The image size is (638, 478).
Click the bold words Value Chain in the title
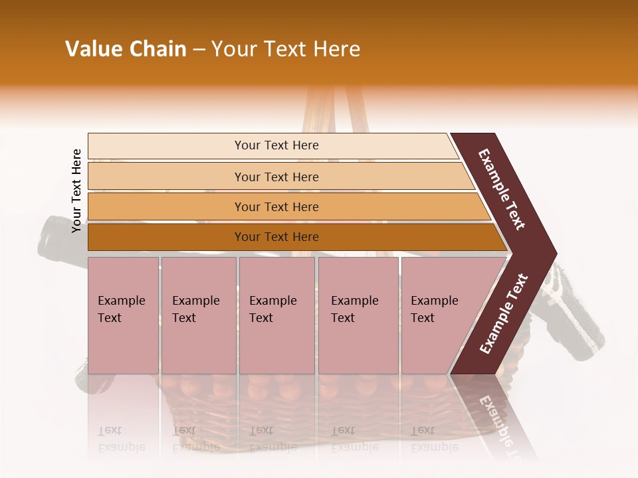tap(126, 49)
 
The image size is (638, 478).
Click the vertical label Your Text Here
tap(77, 191)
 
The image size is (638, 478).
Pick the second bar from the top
tap(276, 177)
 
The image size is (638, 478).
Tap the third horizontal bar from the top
tap(276, 206)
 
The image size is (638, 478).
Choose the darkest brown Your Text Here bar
tap(276, 237)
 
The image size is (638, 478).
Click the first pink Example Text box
tap(123, 315)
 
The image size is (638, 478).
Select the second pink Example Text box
tap(198, 315)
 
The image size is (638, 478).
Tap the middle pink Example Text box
tap(276, 315)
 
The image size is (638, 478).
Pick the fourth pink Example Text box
tap(358, 315)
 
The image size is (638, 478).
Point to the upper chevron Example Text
tap(502, 190)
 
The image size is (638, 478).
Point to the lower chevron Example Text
tap(504, 314)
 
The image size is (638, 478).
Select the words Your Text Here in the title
tap(286, 49)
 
